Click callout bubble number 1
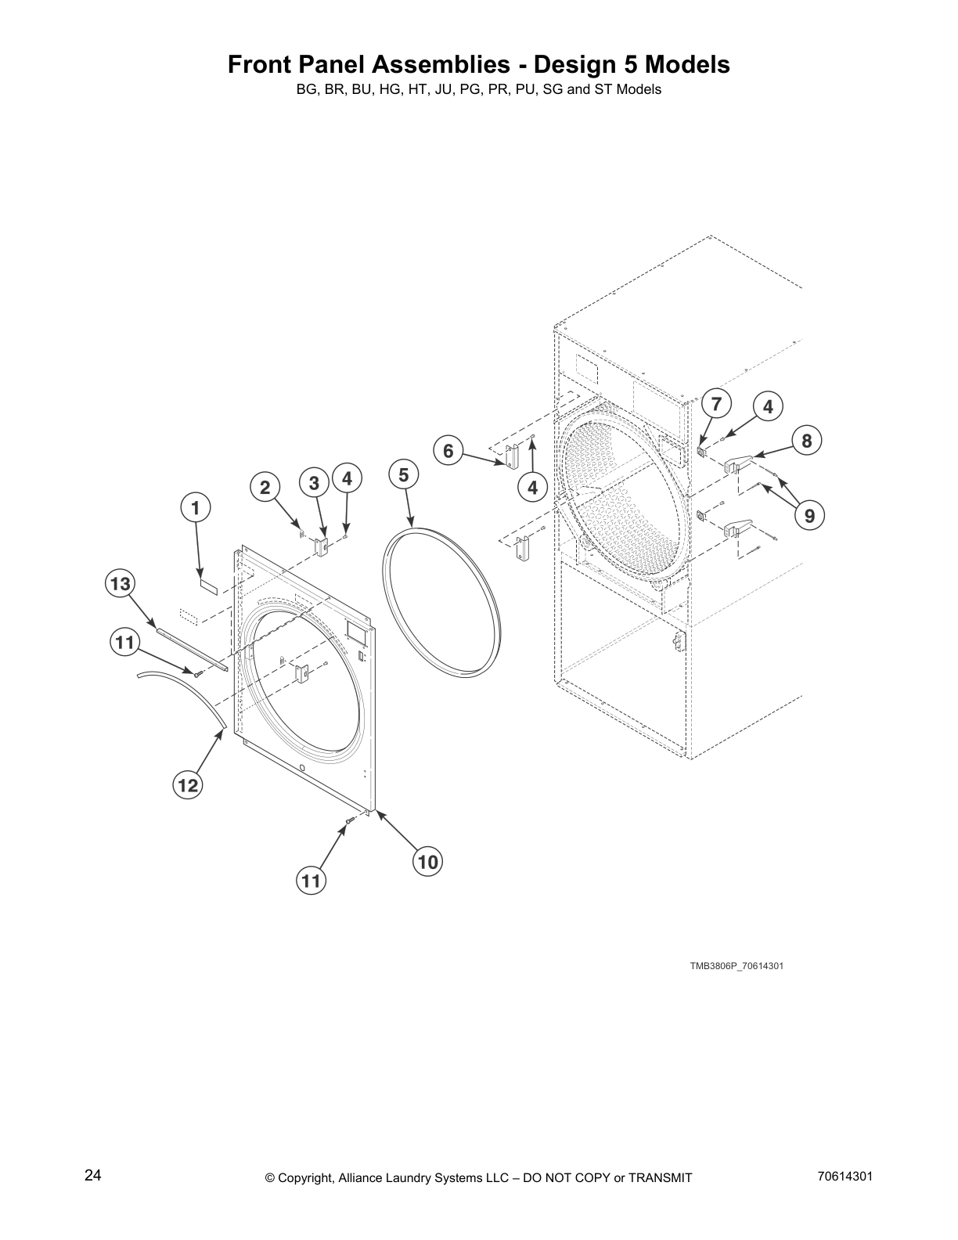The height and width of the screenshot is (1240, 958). coord(196,508)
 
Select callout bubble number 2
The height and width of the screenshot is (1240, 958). coord(265,487)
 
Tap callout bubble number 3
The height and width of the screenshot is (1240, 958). coord(314,483)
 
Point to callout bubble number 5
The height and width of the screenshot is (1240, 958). coord(403,474)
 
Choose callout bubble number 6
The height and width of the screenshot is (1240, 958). coord(448,451)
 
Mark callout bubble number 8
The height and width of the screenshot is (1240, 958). coord(807,440)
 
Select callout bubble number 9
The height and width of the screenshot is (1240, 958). coord(809,516)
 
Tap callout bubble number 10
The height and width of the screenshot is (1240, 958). coord(427,862)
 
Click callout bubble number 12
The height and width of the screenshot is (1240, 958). coord(188,784)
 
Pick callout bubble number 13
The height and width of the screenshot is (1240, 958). coord(120,583)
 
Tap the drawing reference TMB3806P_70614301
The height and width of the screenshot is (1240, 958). coord(736,966)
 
